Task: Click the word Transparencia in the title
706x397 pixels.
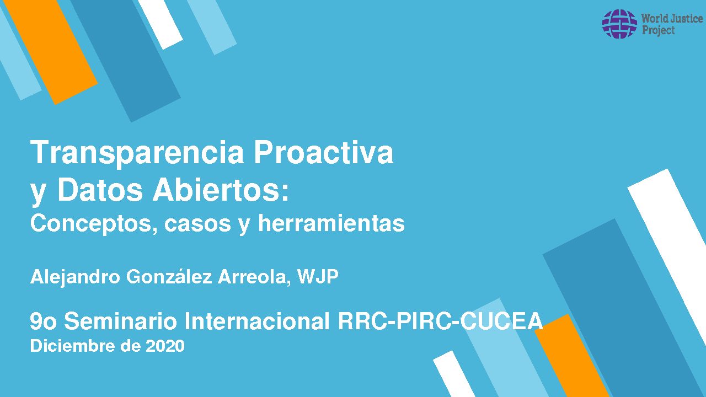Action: [137, 153]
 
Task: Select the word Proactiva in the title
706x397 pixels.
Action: [324, 152]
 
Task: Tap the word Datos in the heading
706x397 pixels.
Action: [100, 190]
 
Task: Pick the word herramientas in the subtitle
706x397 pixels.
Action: [331, 223]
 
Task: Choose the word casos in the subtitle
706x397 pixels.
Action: [197, 224]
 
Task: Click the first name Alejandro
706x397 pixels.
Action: [75, 277]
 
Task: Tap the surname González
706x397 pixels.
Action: [169, 276]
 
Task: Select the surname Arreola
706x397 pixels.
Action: [254, 277]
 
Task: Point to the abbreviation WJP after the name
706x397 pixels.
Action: [318, 277]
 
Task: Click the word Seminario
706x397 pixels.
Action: [120, 321]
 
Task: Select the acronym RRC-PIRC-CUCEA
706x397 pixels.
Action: [440, 321]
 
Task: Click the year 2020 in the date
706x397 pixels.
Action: [165, 346]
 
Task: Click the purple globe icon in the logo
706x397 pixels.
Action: [619, 24]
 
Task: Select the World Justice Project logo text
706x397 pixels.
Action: [672, 24]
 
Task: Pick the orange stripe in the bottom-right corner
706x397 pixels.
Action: [572, 356]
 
